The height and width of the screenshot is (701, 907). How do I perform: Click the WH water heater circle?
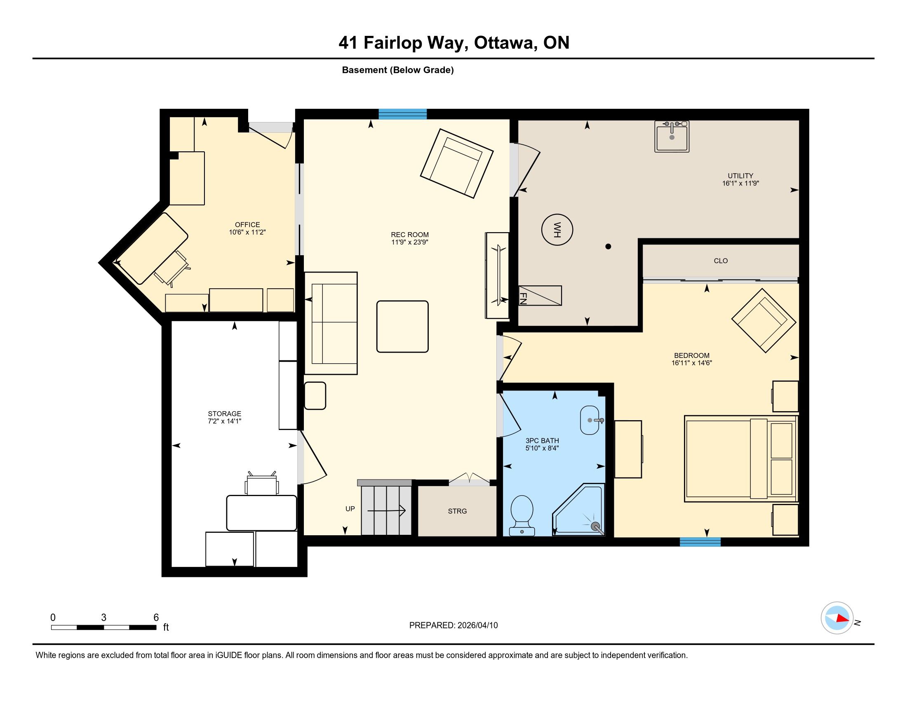[557, 230]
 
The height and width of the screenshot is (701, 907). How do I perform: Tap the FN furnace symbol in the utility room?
[540, 296]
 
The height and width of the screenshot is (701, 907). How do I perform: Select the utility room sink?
[672, 136]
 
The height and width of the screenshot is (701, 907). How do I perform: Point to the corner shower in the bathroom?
[578, 510]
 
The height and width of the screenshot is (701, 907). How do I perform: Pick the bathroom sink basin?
[590, 420]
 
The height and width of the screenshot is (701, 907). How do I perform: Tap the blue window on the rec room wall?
[402, 114]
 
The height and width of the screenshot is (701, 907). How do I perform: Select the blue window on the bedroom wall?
[700, 541]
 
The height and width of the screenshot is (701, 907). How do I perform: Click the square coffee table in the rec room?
[402, 327]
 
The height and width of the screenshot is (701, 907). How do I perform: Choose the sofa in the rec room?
[331, 323]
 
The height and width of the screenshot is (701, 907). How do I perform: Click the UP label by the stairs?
[350, 509]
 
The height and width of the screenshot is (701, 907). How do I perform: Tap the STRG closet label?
[457, 511]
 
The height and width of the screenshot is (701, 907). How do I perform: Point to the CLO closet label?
[721, 261]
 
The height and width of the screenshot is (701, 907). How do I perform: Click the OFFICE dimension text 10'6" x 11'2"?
[247, 233]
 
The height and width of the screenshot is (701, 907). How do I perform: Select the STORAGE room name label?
[224, 414]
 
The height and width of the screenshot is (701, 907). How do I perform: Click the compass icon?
[837, 618]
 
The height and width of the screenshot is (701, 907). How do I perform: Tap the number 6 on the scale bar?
[156, 617]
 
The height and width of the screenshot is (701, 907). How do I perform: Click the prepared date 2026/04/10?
[477, 625]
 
